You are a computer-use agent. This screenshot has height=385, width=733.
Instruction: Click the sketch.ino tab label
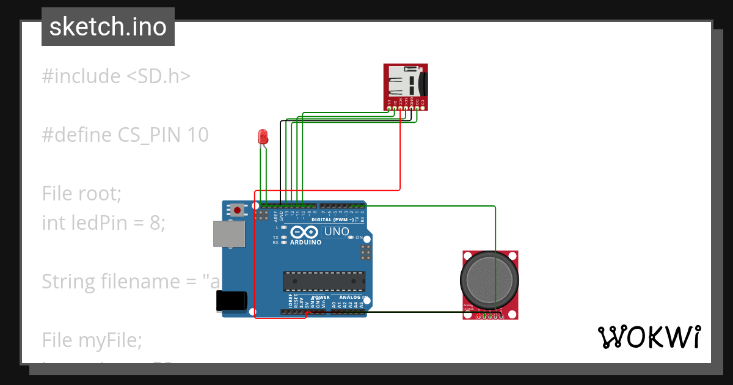pyautogui.click(x=108, y=27)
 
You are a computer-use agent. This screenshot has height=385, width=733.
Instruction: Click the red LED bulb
pyautogui.click(x=263, y=136)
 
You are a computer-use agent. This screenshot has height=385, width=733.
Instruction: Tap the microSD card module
pyautogui.click(x=406, y=86)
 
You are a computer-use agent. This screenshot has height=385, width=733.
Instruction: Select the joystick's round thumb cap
pyautogui.click(x=489, y=279)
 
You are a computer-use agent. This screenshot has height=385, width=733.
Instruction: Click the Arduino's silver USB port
pyautogui.click(x=228, y=234)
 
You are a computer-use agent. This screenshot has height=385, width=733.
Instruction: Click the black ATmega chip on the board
pyautogui.click(x=324, y=280)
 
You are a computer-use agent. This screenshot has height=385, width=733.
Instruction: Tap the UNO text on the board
pyautogui.click(x=336, y=232)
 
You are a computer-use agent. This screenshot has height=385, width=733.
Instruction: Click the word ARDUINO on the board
pyautogui.click(x=305, y=242)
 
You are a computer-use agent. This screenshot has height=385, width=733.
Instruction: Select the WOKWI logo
pyautogui.click(x=649, y=337)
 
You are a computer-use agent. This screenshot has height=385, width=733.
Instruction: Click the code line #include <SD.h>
pyautogui.click(x=116, y=76)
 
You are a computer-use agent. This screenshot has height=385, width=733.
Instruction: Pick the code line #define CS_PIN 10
pyautogui.click(x=125, y=134)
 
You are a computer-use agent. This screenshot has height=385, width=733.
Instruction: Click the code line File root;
pyautogui.click(x=82, y=193)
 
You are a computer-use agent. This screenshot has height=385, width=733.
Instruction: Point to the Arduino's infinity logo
pyautogui.click(x=304, y=232)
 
